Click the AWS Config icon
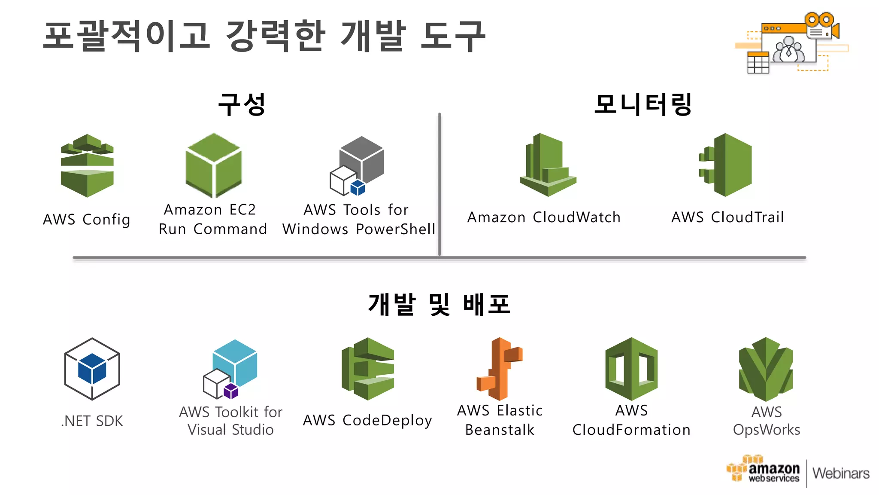tap(87, 165)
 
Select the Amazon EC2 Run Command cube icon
tap(214, 165)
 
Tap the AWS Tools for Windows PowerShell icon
tap(357, 166)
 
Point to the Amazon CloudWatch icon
tap(548, 165)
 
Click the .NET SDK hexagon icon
tap(92, 369)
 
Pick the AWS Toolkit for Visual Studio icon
tap(230, 369)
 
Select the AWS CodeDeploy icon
tap(368, 369)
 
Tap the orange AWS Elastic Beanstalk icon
tap(500, 369)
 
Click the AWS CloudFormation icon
tap(631, 369)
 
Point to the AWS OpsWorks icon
tap(766, 369)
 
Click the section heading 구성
tap(242, 104)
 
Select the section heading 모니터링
tap(643, 104)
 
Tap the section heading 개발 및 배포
tap(439, 305)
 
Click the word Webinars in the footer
tap(841, 473)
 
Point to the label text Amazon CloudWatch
tap(544, 217)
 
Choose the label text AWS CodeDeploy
tap(367, 420)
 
